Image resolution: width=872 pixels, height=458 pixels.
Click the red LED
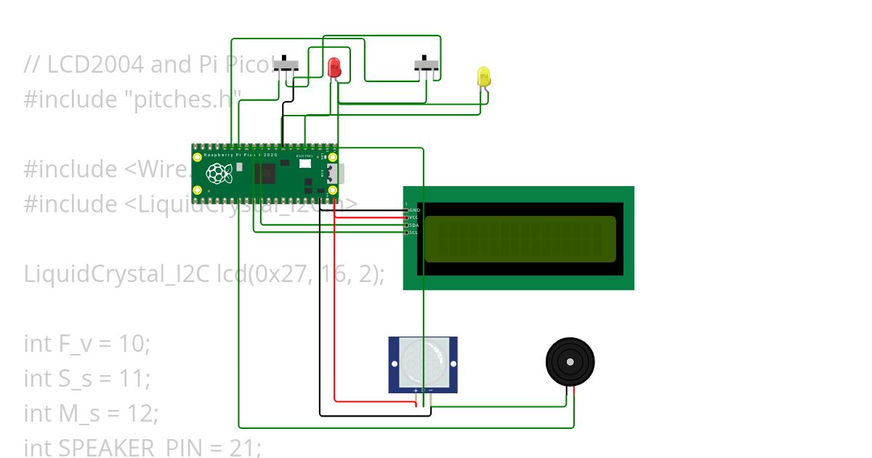(334, 68)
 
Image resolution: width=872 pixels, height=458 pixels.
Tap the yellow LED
(484, 76)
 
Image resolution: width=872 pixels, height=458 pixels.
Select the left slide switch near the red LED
(286, 65)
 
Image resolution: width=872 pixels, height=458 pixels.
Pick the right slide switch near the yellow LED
(427, 65)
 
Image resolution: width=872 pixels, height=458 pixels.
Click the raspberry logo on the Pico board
(217, 174)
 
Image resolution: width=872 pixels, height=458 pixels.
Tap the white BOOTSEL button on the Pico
(304, 164)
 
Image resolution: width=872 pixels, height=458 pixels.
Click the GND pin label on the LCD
(414, 210)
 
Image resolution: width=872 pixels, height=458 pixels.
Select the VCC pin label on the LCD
(414, 217)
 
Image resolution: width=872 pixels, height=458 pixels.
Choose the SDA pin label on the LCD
(414, 225)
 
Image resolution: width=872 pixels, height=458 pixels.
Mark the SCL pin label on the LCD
(414, 233)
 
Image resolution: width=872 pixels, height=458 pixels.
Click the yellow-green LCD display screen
(520, 238)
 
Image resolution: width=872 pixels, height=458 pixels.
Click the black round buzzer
(570, 361)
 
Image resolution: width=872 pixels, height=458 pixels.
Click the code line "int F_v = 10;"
(86, 343)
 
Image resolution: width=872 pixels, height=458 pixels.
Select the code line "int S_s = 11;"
(86, 378)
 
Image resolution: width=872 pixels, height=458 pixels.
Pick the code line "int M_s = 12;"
(90, 413)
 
